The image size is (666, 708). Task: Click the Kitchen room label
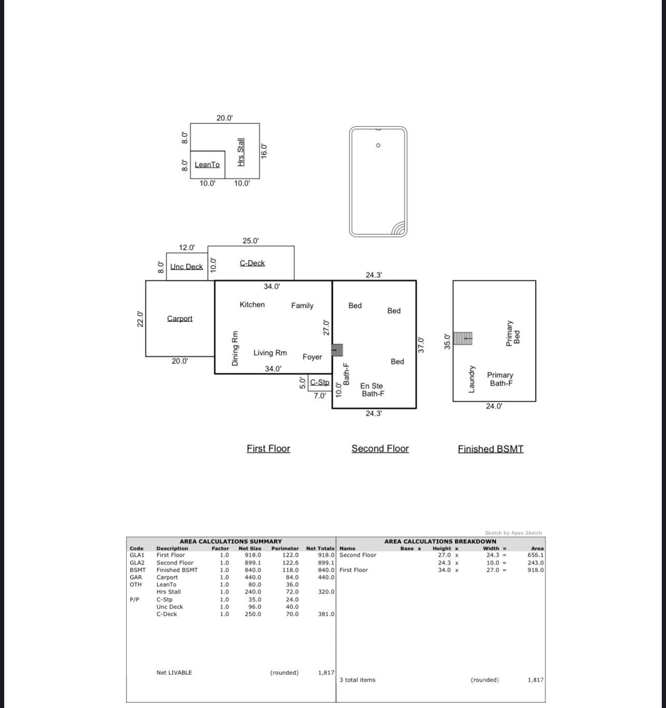(252, 305)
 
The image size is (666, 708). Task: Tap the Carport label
(179, 318)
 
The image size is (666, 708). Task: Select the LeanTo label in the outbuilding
(207, 165)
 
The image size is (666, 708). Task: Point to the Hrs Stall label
(241, 152)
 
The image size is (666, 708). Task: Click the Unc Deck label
(186, 266)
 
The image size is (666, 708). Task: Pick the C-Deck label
(252, 263)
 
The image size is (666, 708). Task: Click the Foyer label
(312, 357)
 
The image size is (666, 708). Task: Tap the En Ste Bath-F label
(372, 390)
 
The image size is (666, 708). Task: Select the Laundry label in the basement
(471, 379)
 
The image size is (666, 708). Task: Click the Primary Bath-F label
(500, 379)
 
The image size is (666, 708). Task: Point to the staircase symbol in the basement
(463, 338)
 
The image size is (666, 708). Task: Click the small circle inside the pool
(378, 145)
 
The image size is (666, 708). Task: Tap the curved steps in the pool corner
(398, 229)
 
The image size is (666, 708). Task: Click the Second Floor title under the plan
(380, 449)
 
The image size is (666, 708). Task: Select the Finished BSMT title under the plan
(490, 449)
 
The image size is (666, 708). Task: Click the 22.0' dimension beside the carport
(140, 319)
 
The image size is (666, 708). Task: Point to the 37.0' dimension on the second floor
(421, 345)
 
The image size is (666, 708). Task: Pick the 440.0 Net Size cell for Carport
(253, 577)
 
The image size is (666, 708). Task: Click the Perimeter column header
(285, 548)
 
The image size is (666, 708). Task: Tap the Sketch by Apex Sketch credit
(513, 533)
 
